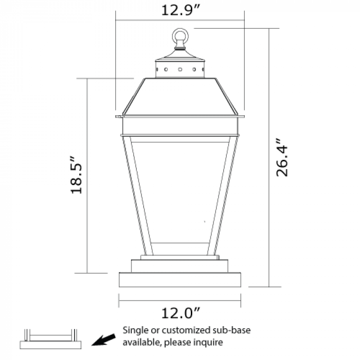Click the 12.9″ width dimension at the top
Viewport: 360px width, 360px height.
[x=181, y=10]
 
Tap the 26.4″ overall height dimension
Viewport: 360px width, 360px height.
[x=281, y=157]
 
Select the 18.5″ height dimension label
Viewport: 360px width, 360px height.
[x=76, y=175]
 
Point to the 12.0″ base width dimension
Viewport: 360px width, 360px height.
[x=181, y=313]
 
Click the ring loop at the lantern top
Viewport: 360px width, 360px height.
[x=181, y=29]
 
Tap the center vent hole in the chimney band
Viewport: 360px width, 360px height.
[x=180, y=69]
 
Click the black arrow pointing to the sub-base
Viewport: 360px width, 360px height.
[x=104, y=339]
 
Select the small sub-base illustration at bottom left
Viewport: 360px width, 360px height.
[x=50, y=339]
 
